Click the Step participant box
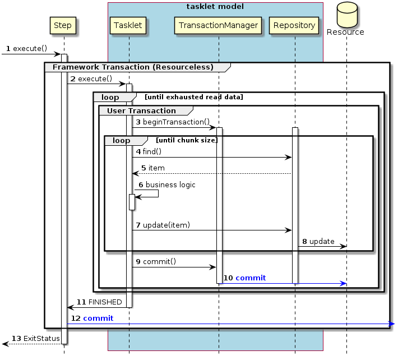click(x=62, y=25)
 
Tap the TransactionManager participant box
click(x=218, y=25)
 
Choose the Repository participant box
click(x=295, y=25)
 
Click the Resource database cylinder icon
click(x=345, y=17)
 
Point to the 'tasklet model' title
click(x=216, y=7)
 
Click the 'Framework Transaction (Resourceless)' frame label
click(x=133, y=67)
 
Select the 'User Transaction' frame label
click(x=141, y=110)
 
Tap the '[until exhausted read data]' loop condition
click(x=194, y=97)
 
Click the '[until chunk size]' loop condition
click(x=187, y=140)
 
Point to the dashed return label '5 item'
click(x=152, y=168)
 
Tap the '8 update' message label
click(x=318, y=241)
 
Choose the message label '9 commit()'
click(x=156, y=261)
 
